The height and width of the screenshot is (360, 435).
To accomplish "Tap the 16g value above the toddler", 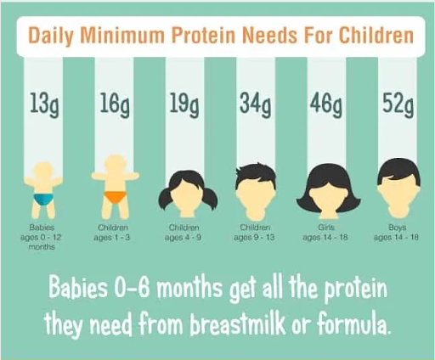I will point(113,107).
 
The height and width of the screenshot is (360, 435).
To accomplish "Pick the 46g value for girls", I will point(325,107).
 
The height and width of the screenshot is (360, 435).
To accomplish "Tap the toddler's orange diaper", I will point(113,198).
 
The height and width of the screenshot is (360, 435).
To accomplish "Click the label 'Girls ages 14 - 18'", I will point(325,233).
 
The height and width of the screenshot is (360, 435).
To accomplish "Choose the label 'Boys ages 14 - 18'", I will point(397,233).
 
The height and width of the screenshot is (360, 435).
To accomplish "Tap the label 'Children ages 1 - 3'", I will point(113,233).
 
